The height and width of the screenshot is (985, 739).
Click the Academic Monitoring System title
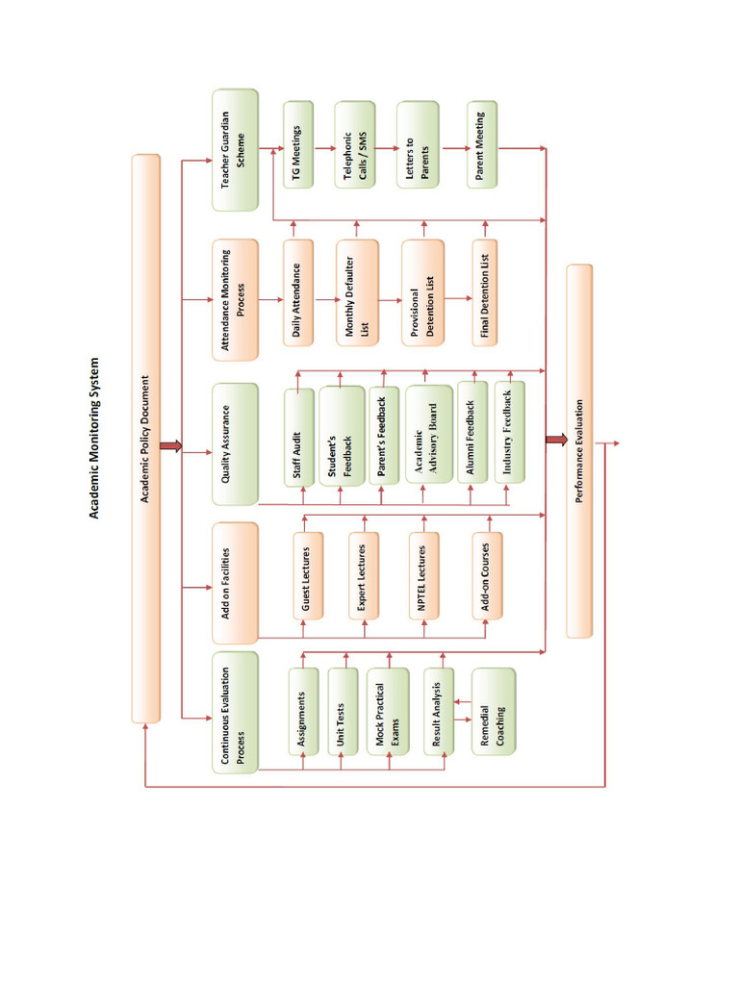click(x=95, y=440)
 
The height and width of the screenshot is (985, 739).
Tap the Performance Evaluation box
click(x=579, y=450)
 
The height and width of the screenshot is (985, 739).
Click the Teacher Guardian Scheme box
click(x=235, y=150)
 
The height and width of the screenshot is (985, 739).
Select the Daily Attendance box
click(x=298, y=291)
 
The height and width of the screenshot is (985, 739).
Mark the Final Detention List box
click(x=487, y=291)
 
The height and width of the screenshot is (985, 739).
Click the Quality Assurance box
click(x=235, y=443)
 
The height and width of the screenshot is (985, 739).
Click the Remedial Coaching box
click(x=493, y=712)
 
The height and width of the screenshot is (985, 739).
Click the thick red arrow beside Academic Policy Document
click(x=171, y=444)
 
